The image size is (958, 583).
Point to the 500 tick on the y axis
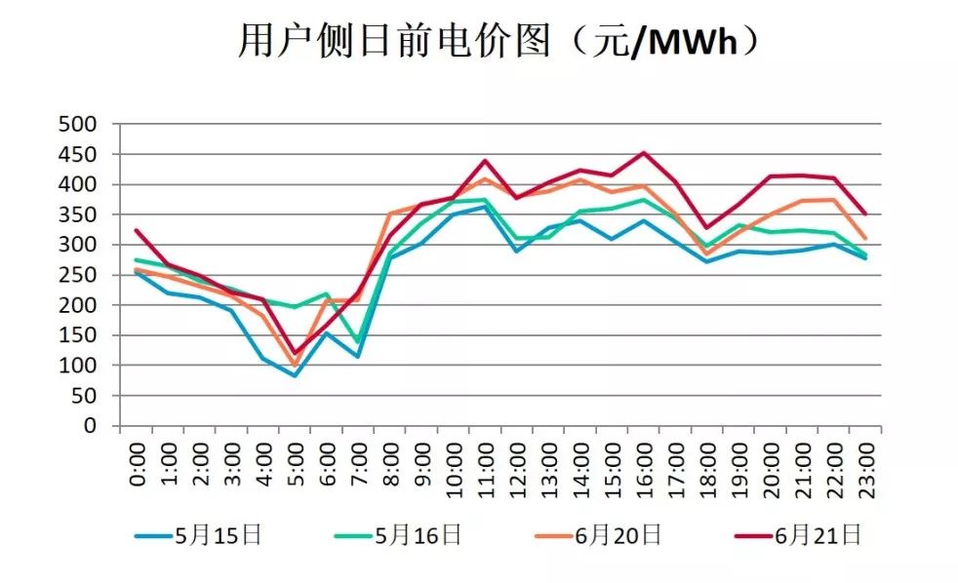[x=78, y=124]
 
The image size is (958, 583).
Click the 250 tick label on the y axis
[x=78, y=275]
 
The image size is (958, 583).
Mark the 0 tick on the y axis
[x=91, y=426]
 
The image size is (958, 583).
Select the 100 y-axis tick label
[x=78, y=366]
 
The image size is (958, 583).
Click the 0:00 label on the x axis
[x=138, y=466]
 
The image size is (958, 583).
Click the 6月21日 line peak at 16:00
[x=644, y=153]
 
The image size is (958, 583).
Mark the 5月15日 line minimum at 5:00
[x=295, y=375]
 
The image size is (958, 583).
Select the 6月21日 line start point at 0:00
[x=137, y=231]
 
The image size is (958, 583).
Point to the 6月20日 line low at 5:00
[x=295, y=365]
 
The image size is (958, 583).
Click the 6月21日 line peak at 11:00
[x=485, y=161]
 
